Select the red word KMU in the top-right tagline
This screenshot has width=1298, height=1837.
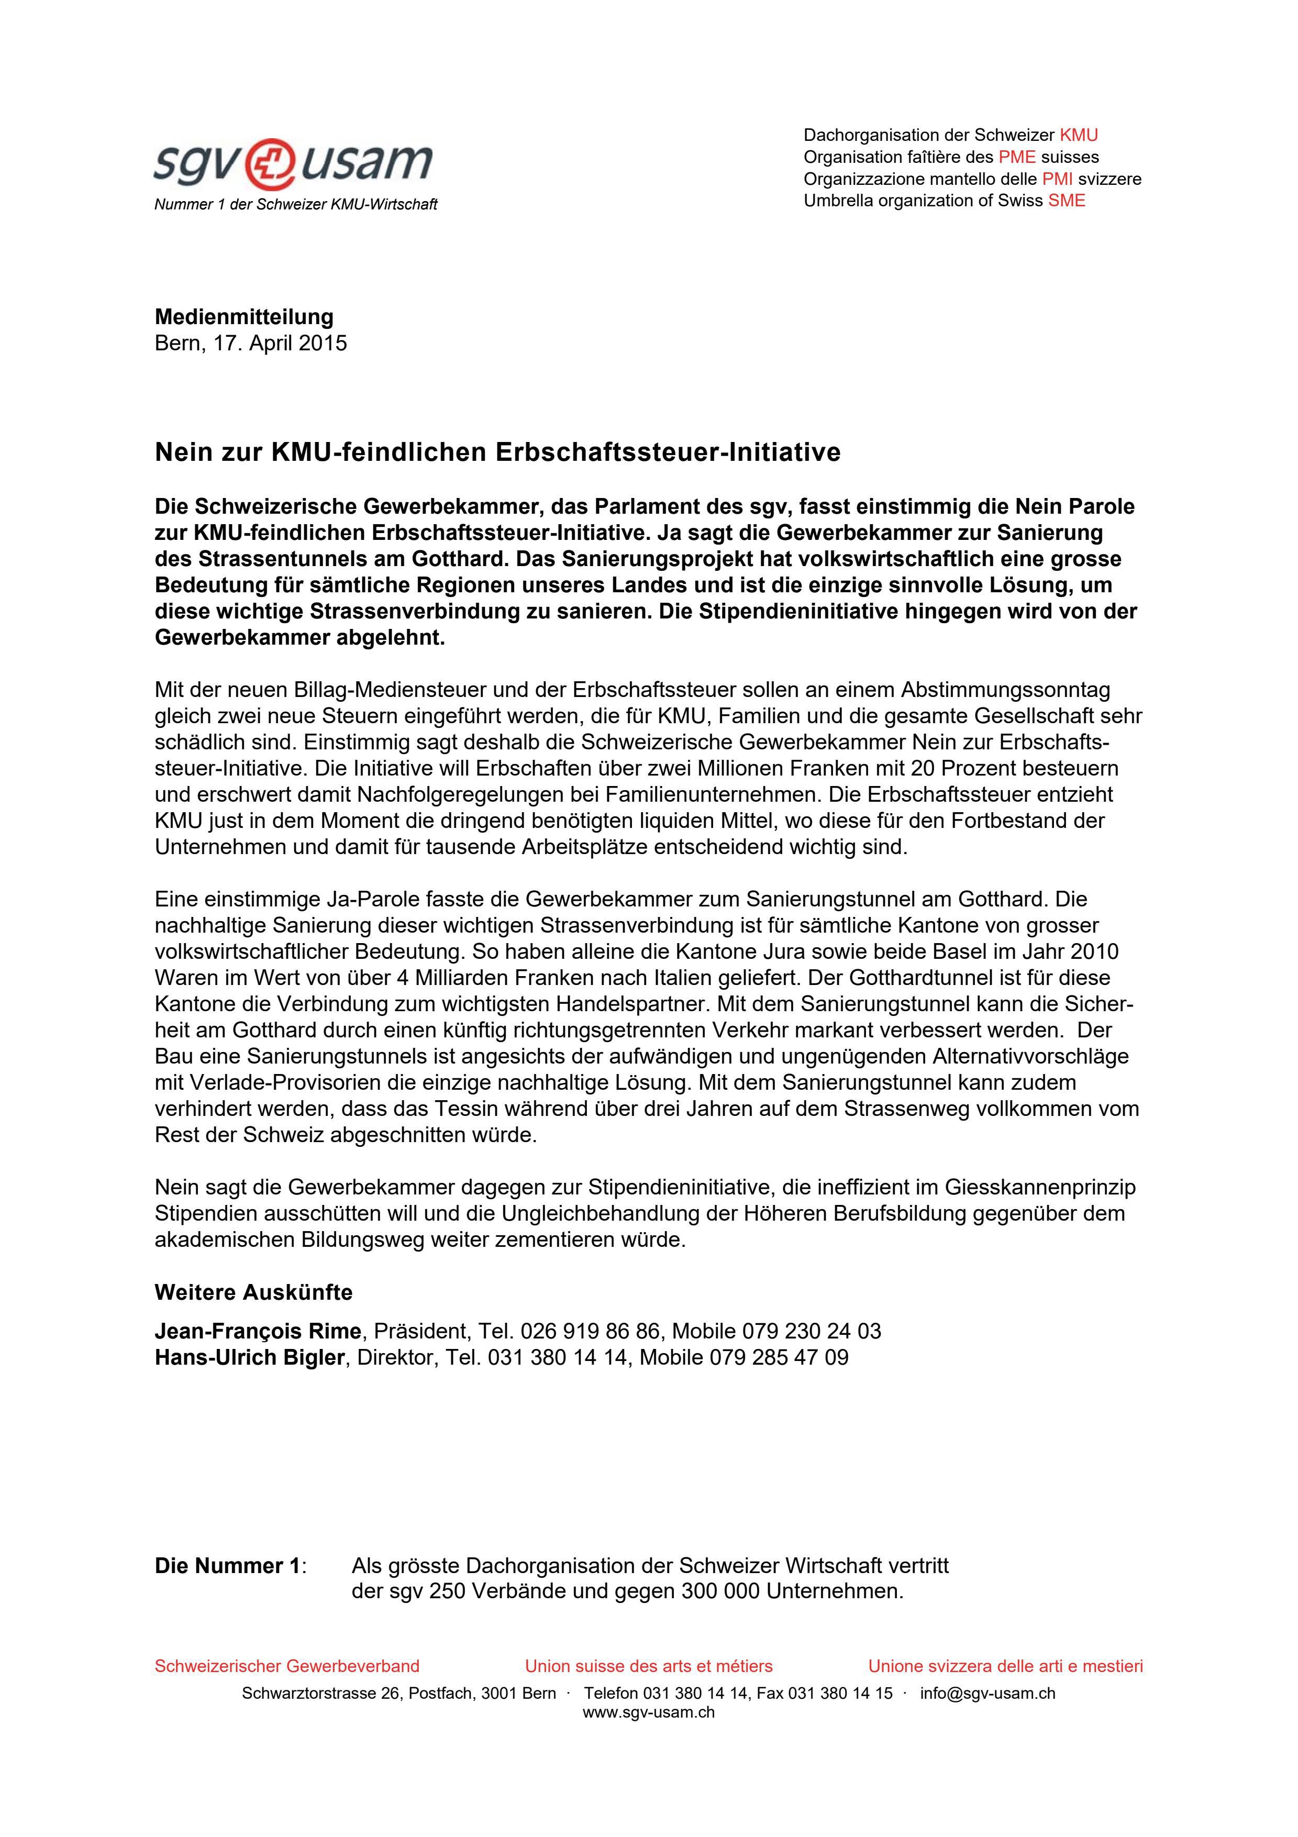1078,135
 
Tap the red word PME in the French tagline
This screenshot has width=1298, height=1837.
1016,157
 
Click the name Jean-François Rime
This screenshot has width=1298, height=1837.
258,1331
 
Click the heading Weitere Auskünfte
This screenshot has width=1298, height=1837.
253,1293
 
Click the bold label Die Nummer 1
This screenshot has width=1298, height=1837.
228,1566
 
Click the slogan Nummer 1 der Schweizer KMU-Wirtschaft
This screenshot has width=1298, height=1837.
295,205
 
